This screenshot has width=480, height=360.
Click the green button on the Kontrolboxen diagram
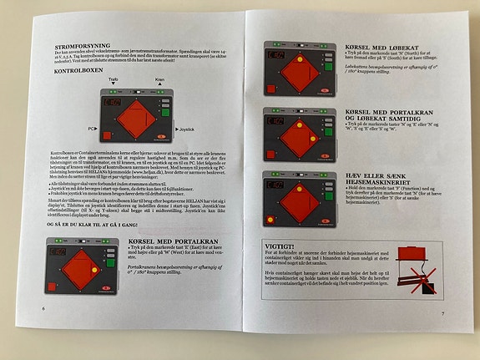(166, 103)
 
